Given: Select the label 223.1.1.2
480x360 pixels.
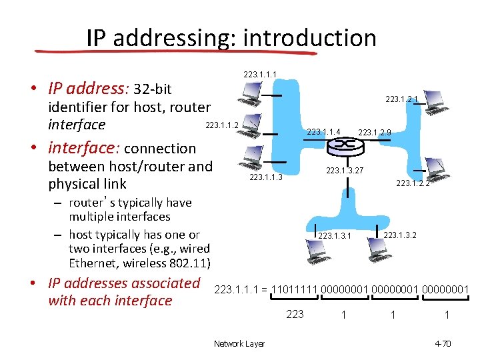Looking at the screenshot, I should (x=222, y=125).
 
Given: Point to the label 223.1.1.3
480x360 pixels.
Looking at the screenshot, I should (x=266, y=177).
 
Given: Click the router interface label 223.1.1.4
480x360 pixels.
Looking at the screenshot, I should (x=324, y=131).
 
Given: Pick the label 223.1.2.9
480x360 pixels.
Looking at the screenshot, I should (x=375, y=132).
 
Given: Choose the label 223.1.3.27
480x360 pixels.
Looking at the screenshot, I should (x=344, y=171).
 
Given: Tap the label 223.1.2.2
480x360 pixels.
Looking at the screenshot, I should (x=413, y=183).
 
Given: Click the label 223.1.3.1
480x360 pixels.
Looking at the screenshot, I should (x=335, y=235).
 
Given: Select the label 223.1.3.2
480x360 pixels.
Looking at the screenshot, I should (x=400, y=234).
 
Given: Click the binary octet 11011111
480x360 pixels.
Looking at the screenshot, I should (x=294, y=289).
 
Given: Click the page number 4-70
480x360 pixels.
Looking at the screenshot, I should (x=443, y=343).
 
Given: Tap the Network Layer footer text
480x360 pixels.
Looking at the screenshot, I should (x=239, y=343).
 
